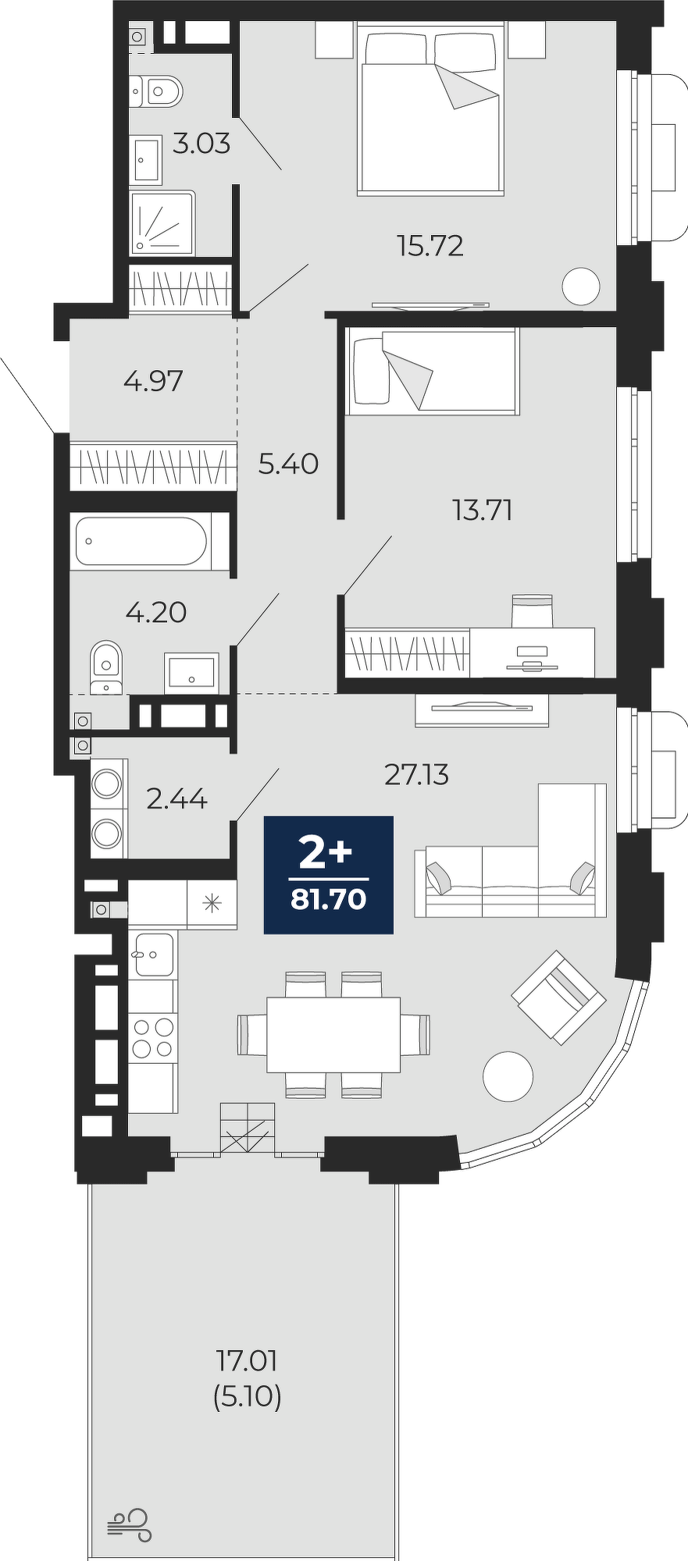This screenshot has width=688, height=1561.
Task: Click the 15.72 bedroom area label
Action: coord(430,247)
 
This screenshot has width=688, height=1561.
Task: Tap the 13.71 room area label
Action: coord(482,510)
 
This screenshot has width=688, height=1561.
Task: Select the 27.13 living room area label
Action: coord(416,775)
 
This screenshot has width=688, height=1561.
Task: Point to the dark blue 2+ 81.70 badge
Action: coord(328,874)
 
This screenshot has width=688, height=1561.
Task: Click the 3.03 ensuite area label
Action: coord(201,144)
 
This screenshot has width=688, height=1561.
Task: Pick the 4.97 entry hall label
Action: coord(153,381)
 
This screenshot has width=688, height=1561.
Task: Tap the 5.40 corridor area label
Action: coord(288,464)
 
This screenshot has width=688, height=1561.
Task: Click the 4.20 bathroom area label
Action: coord(156,613)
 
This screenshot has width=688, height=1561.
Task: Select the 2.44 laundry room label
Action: coord(177,799)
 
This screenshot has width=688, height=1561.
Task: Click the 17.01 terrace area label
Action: coord(248,1360)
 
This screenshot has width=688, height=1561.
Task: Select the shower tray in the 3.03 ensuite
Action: coord(162,223)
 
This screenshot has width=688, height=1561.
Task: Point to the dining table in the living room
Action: coord(333,1034)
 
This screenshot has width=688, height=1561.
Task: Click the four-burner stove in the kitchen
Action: coord(152,1038)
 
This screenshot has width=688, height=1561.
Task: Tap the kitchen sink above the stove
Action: coord(154,954)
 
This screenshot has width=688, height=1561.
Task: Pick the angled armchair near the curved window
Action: coord(559,997)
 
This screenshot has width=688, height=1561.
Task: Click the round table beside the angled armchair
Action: coord(508,1076)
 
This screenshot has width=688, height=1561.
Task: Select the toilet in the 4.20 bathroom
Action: coord(106,667)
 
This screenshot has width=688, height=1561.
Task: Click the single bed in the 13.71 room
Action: coord(433,372)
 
